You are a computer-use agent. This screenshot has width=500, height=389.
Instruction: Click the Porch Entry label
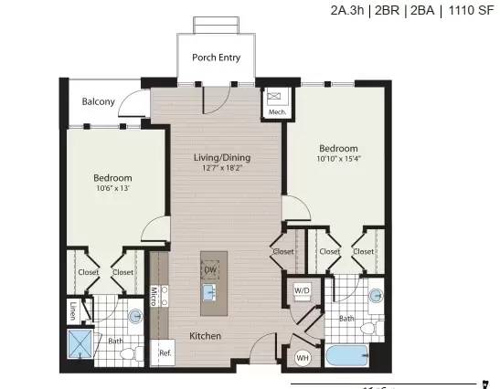[x=217, y=58]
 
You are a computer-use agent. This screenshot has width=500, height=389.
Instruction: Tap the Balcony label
[x=98, y=101]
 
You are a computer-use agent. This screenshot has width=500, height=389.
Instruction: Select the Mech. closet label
[x=277, y=112]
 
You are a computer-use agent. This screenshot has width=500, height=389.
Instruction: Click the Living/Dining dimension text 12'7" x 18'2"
[x=222, y=168]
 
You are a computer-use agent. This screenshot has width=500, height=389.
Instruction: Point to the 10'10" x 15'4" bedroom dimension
[x=338, y=159]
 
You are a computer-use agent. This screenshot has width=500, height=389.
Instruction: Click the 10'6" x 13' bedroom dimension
[x=112, y=188]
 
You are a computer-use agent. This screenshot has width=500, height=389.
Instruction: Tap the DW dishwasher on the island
[x=210, y=270]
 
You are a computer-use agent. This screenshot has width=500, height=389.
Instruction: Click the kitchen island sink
[x=208, y=292]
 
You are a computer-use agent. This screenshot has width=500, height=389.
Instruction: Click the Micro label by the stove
[x=154, y=297]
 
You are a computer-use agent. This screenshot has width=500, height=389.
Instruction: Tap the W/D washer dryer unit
[x=302, y=290]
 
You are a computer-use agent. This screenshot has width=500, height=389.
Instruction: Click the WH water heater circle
[x=303, y=358]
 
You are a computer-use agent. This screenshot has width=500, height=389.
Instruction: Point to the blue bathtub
[x=347, y=355]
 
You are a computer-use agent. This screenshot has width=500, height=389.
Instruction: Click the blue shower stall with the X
[x=80, y=344]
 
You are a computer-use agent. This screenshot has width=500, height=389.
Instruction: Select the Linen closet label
[x=73, y=310]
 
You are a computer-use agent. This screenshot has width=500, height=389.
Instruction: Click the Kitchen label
[x=205, y=336]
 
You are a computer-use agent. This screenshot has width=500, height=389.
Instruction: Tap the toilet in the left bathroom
[x=132, y=353]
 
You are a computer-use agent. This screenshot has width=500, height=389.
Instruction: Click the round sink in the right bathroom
[x=376, y=296]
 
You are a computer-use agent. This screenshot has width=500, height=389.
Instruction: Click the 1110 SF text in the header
[x=471, y=10]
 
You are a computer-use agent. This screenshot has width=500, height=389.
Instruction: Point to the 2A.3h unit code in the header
[x=347, y=10]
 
